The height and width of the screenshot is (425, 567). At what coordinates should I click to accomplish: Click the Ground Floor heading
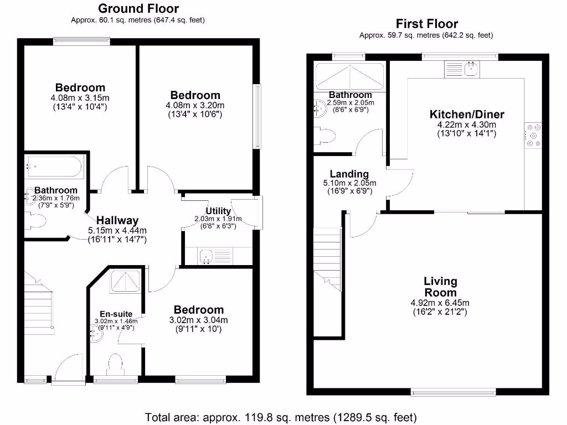pos(138,8)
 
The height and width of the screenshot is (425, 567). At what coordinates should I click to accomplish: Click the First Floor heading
pos(426,24)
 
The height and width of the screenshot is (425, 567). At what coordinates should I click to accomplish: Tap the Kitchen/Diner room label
pos(467,115)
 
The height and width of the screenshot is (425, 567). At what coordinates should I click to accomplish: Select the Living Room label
pos(440,287)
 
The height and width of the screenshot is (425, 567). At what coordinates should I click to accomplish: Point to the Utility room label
pos(218,211)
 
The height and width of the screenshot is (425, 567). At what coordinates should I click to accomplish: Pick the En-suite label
pos(116,314)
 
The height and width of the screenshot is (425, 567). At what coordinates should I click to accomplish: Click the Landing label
pos(349,174)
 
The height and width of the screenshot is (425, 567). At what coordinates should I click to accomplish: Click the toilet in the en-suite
pos(116,365)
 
